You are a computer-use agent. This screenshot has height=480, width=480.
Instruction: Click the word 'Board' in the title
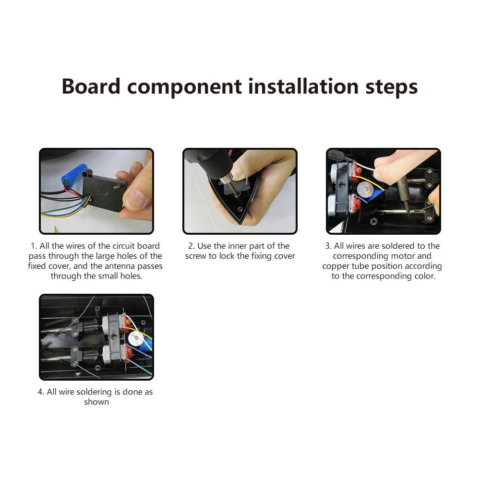click(x=91, y=86)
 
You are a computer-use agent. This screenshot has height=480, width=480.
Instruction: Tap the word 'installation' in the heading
click(x=303, y=86)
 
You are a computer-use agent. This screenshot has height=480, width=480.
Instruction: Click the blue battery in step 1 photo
click(x=74, y=175)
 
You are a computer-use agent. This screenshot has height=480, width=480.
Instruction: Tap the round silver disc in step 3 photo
click(x=365, y=189)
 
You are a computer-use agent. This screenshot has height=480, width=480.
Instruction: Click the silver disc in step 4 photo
click(x=135, y=338)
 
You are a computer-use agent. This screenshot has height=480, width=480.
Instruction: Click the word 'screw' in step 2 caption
click(x=196, y=256)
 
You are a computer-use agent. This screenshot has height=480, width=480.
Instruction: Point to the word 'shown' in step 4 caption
click(x=96, y=402)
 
